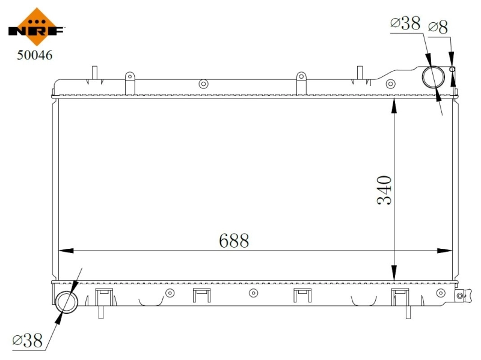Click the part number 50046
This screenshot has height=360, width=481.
click(34, 55)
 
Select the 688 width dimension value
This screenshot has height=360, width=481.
click(233, 241)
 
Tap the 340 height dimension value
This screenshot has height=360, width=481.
click(384, 190)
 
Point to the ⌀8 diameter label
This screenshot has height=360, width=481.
click(438, 26)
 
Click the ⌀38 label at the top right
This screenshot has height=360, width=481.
click(405, 23)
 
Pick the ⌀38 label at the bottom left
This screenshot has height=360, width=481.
click(28, 341)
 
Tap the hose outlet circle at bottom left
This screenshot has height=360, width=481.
click(67, 301)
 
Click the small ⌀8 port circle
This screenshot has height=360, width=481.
click(453, 69)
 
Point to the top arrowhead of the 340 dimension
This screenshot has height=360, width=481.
click(394, 105)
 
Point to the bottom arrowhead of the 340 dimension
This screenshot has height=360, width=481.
click(394, 273)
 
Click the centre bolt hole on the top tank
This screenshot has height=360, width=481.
click(203, 84)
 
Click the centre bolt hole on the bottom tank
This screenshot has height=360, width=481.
click(253, 293)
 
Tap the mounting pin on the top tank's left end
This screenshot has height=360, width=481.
click(94, 73)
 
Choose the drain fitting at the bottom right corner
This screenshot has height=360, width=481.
click(461, 295)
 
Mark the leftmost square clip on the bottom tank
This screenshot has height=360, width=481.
click(105, 294)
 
